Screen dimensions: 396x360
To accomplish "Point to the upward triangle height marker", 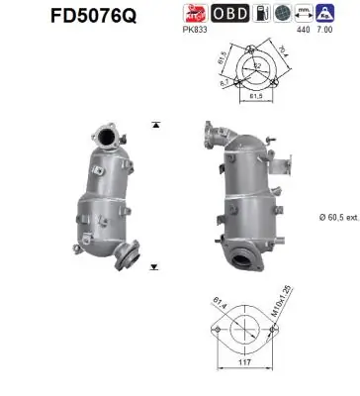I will tap(156, 126).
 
